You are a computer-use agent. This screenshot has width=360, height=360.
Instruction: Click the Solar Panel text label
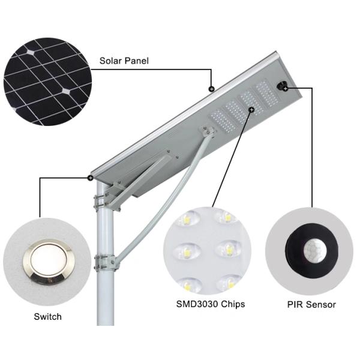124,61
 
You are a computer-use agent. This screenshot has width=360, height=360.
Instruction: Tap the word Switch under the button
48,316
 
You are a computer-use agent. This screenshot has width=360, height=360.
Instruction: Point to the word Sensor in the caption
320,304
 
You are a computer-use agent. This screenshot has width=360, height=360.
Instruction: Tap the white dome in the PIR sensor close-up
313,251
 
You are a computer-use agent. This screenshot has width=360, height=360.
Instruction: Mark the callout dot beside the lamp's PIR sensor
286,88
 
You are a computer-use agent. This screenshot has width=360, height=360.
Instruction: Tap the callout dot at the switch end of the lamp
89,178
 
